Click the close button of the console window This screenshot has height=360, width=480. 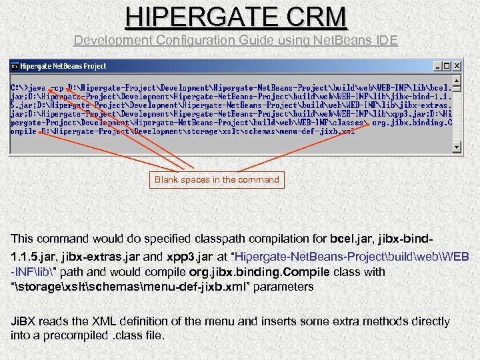click(x=457, y=67)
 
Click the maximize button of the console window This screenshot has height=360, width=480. click(x=446, y=67)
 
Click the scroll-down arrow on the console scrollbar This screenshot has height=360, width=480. click(x=457, y=147)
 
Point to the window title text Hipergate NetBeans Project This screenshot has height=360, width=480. click(x=63, y=67)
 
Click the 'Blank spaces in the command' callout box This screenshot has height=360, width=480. click(x=217, y=179)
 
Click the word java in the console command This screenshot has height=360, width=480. click(x=37, y=87)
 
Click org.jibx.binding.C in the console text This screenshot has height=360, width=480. click(x=412, y=122)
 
